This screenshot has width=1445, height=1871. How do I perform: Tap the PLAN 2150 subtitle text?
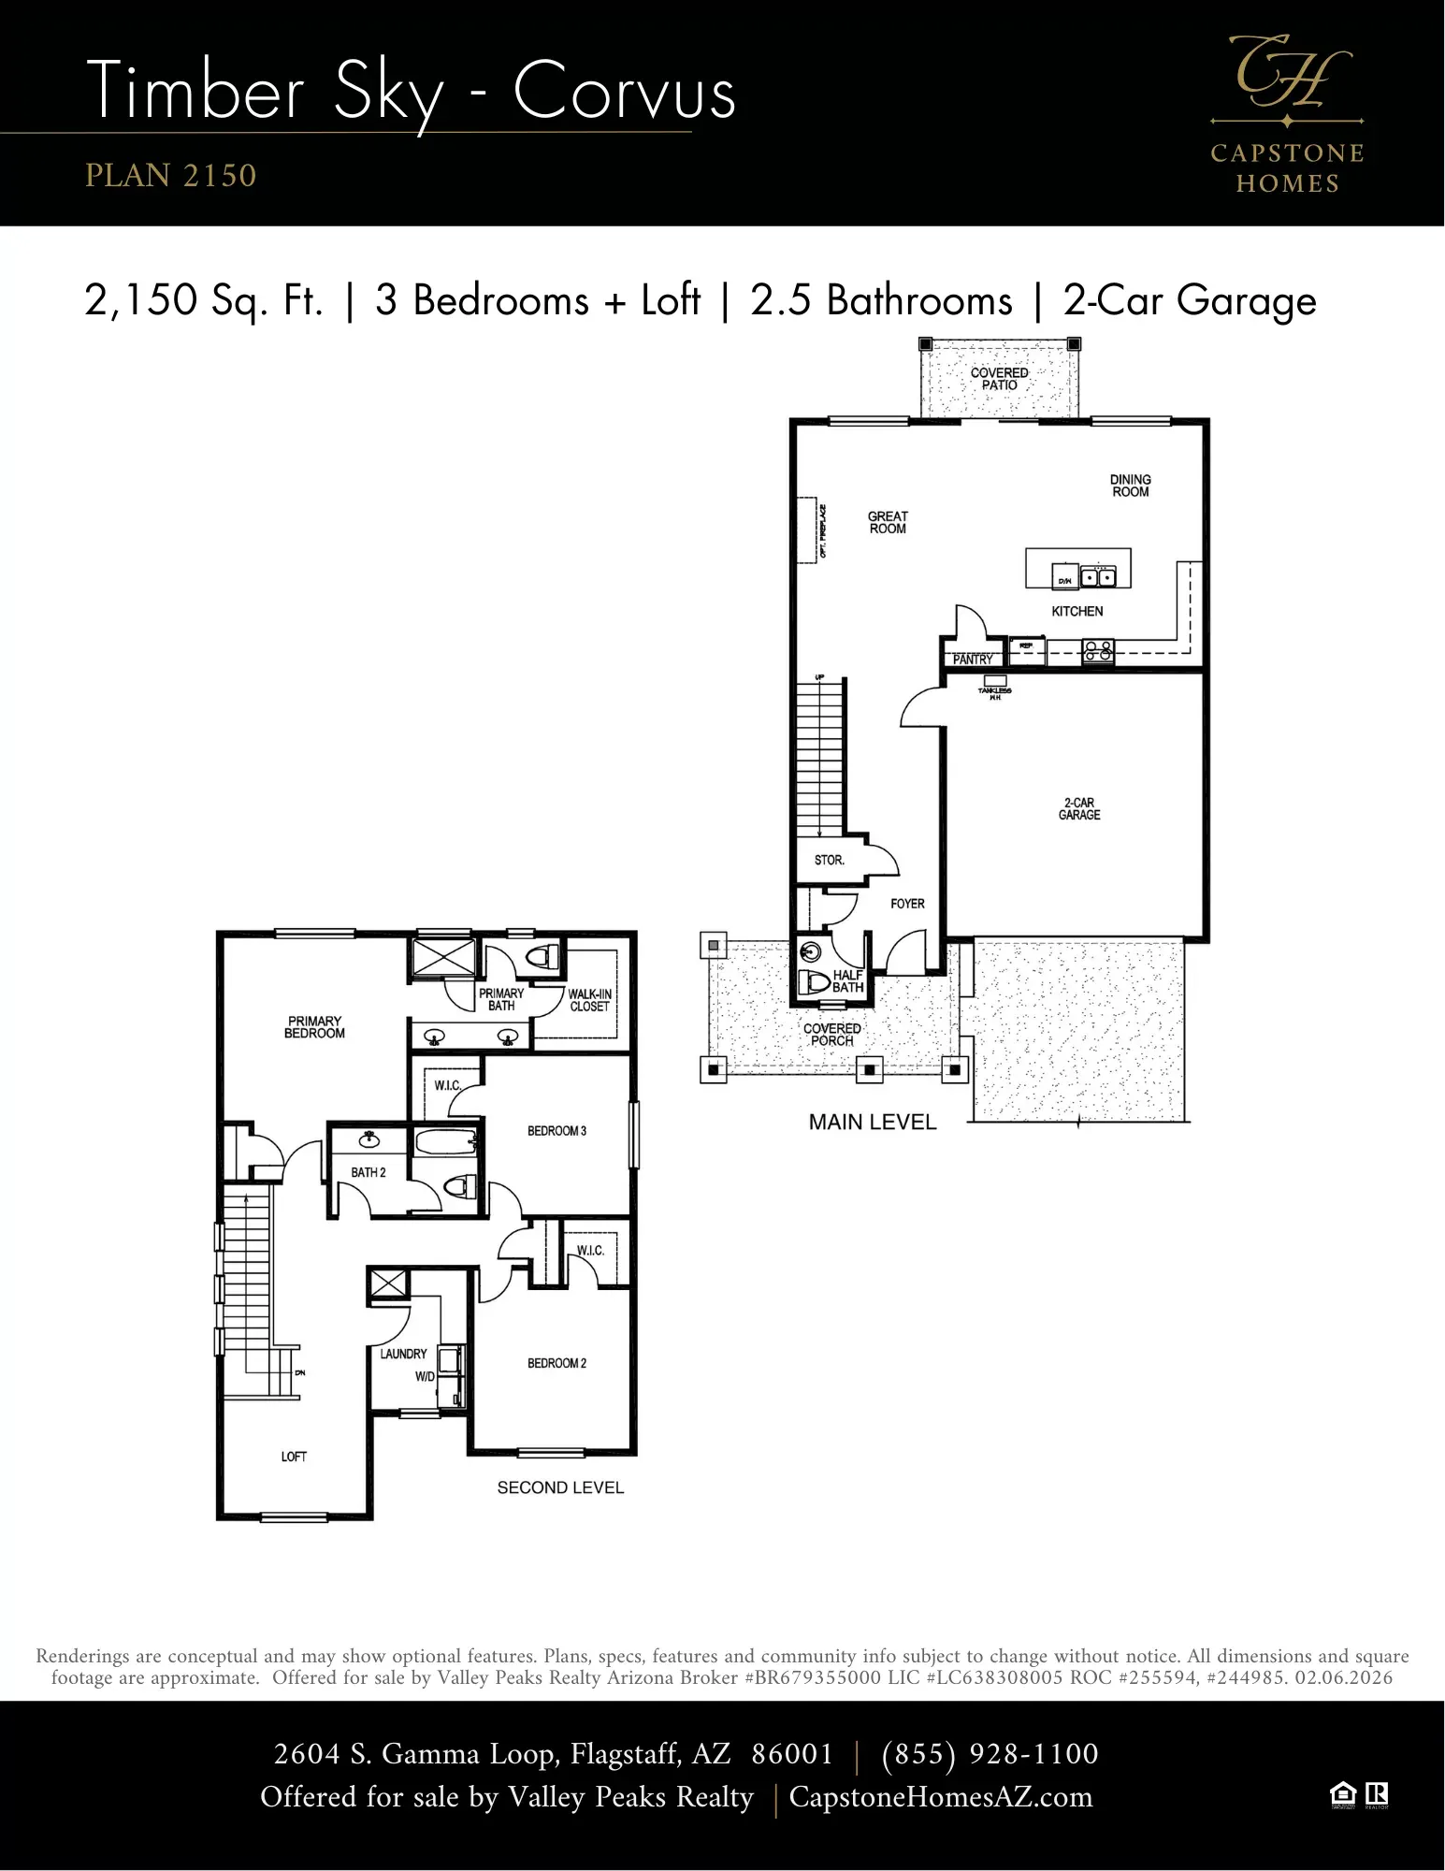(x=170, y=175)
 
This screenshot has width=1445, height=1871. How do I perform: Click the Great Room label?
(x=887, y=522)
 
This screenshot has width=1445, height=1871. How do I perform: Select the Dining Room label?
(x=1130, y=486)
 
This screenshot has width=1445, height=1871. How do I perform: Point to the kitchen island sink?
(x=1098, y=577)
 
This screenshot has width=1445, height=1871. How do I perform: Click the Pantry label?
(x=972, y=659)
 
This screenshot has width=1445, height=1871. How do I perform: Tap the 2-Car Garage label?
(x=1078, y=809)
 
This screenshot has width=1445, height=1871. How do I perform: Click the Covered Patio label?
(x=999, y=379)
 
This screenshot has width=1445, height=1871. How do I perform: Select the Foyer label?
(x=906, y=904)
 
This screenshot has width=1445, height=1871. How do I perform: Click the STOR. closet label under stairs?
(x=829, y=860)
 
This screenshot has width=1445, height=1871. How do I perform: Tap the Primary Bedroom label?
(x=314, y=1027)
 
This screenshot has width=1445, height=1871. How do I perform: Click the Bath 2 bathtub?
(x=445, y=1142)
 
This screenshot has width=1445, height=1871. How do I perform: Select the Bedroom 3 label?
(x=556, y=1131)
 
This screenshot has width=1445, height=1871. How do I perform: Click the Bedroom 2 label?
(x=556, y=1363)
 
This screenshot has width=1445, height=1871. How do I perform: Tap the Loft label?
(x=294, y=1457)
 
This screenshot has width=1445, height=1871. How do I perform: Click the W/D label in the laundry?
(x=425, y=1377)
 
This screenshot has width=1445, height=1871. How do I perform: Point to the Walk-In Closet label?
(x=589, y=1000)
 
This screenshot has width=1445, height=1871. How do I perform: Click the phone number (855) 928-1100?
(x=990, y=1753)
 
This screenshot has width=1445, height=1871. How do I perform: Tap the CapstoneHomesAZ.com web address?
(x=940, y=1797)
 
